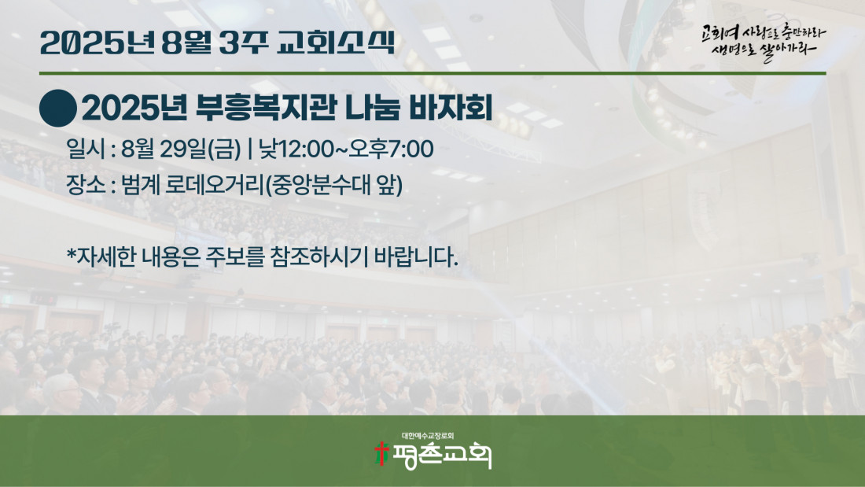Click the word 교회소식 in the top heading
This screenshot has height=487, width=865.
(336, 42)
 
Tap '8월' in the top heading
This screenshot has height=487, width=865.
(186, 42)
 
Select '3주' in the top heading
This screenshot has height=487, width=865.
(243, 42)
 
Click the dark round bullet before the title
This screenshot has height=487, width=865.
(58, 109)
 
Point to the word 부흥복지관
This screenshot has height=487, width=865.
(266, 108)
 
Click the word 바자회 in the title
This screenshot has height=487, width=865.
(451, 108)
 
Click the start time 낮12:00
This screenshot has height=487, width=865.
(296, 149)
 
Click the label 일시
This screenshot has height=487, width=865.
(85, 149)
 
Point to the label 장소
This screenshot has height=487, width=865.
(85, 185)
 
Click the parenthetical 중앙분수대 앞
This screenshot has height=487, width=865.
(333, 186)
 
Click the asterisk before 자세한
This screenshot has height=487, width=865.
(71, 253)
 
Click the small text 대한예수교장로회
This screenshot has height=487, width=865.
(428, 436)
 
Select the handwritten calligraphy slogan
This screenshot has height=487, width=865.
(764, 42)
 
